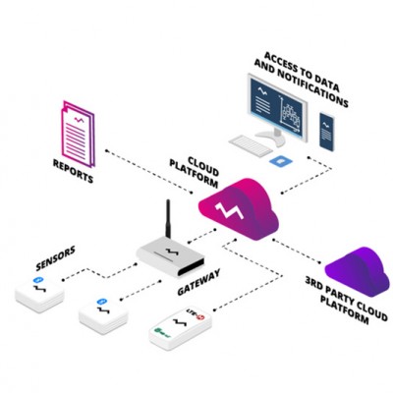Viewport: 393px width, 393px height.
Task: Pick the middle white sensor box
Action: [104, 311]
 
